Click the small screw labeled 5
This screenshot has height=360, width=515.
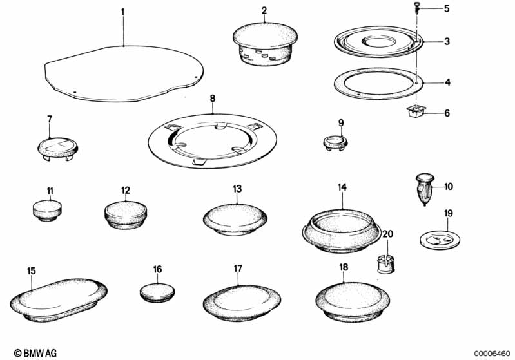point(417,7)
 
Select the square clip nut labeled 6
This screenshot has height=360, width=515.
point(416,111)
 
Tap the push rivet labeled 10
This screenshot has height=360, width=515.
point(425,189)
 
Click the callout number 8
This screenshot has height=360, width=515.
point(213,98)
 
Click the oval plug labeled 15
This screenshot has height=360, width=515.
point(59,301)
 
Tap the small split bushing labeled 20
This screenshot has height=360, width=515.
point(385,263)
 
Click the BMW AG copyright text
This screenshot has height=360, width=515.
point(35,353)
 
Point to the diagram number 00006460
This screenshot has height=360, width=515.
point(492,354)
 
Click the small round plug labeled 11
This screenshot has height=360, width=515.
point(47,210)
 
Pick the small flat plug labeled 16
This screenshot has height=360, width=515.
point(157,293)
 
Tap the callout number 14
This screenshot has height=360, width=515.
point(342,187)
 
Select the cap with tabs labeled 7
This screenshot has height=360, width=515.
point(57,149)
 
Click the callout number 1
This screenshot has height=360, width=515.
point(122,12)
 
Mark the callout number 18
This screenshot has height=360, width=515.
point(343,267)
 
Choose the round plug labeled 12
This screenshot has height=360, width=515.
point(126,215)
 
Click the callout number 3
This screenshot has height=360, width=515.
point(447,41)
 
